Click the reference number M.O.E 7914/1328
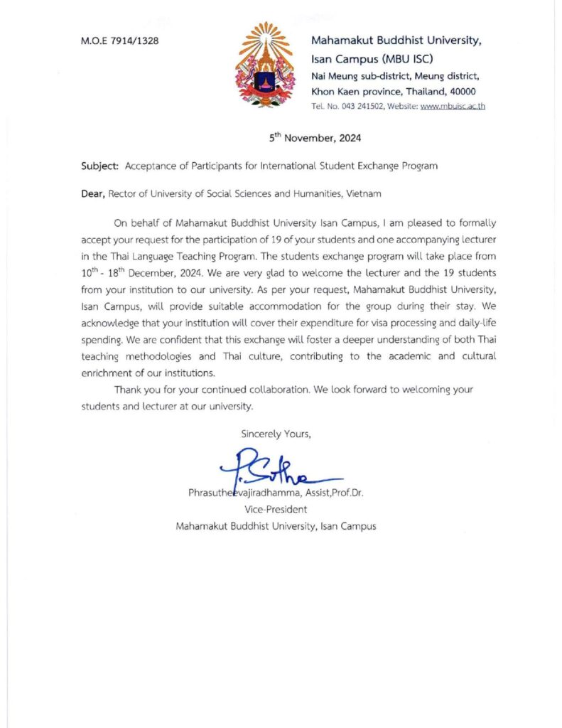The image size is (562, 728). [x=120, y=41]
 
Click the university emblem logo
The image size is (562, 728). [x=264, y=65]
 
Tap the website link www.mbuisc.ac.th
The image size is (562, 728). [x=453, y=106]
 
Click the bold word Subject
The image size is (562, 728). [x=100, y=166]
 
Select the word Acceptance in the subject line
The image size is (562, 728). [x=151, y=166]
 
